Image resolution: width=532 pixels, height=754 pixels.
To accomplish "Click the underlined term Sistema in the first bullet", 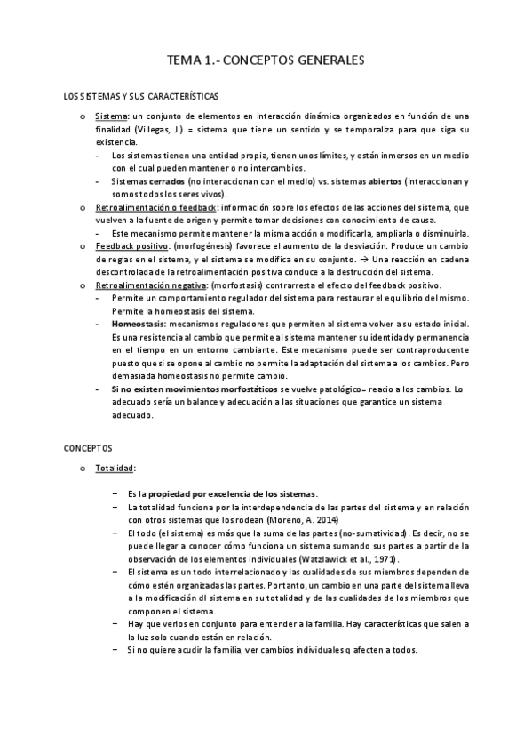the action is tap(111, 116).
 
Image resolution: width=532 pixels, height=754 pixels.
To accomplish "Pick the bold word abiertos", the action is tap(379, 180).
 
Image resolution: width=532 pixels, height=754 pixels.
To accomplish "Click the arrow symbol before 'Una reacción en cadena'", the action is tap(365, 259).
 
